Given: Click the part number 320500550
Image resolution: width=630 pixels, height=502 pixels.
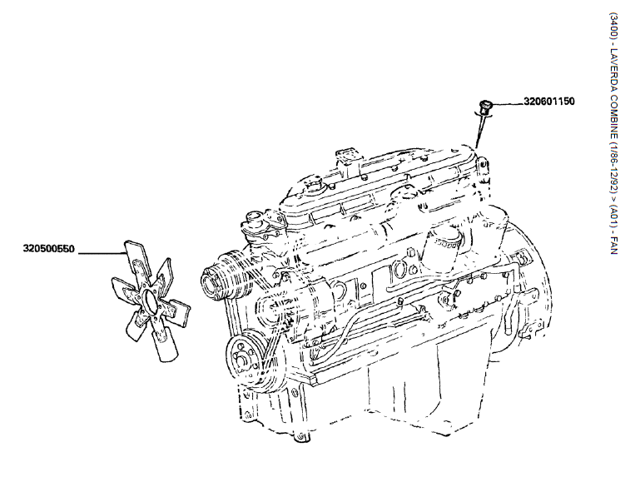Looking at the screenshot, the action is click(x=48, y=249).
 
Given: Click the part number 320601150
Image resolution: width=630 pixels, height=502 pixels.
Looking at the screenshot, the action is click(x=548, y=101).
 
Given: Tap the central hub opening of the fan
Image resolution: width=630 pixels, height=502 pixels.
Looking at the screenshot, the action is click(x=150, y=301).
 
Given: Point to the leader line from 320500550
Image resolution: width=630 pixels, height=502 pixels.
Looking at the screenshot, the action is click(x=102, y=254).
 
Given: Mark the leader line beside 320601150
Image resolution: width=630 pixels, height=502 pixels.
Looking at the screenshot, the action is click(x=508, y=104).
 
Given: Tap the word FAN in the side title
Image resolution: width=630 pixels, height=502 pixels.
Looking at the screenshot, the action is click(x=613, y=246).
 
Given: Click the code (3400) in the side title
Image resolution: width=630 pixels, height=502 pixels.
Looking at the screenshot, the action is click(x=613, y=26).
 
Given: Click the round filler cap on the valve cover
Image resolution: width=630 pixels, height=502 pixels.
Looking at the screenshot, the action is click(x=314, y=186).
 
